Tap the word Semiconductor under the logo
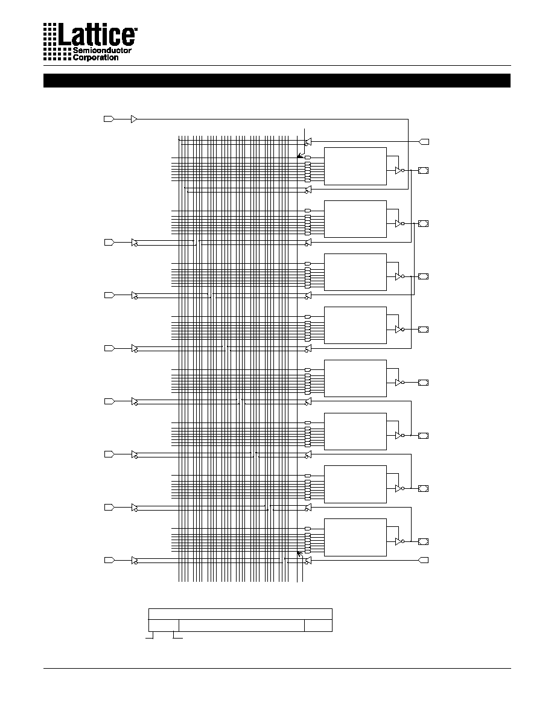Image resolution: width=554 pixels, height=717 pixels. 102,50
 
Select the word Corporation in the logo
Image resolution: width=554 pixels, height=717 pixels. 95,57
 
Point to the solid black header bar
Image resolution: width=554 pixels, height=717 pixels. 276,80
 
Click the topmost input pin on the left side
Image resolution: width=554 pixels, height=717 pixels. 109,119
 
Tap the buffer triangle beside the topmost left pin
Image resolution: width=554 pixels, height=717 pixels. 134,119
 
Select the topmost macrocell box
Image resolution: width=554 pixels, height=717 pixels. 355,167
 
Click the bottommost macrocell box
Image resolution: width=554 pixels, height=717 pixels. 355,537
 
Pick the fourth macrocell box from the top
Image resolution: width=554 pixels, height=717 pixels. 355,325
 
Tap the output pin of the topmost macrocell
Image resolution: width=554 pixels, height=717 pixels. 423,171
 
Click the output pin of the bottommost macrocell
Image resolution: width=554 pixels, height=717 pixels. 423,542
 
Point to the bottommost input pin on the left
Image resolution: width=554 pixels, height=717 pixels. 109,560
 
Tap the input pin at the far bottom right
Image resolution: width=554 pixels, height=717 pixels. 424,560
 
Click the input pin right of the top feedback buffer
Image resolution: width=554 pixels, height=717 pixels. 424,142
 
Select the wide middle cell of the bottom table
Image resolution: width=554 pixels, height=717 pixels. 241,625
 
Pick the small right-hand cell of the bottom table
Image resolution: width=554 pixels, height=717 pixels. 318,625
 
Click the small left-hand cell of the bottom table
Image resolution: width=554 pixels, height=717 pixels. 164,625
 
